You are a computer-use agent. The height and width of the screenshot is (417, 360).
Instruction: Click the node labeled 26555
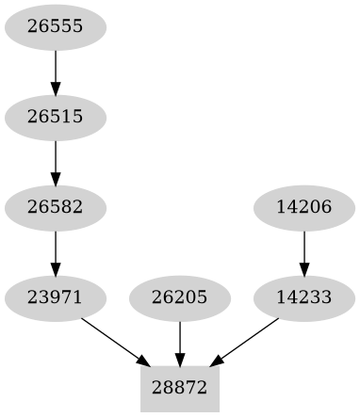(x=56, y=26)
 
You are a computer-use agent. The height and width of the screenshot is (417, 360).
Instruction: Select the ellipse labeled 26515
(x=56, y=117)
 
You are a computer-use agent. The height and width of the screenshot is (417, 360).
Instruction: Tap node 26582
(x=56, y=207)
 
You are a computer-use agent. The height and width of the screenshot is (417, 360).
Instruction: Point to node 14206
(x=304, y=207)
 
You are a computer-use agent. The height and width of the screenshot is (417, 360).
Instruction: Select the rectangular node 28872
(x=180, y=388)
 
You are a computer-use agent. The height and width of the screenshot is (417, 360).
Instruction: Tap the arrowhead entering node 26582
(x=56, y=179)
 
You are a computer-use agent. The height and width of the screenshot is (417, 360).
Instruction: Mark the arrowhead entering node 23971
(x=56, y=269)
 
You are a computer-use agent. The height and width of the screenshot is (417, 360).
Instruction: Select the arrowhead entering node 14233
(x=304, y=269)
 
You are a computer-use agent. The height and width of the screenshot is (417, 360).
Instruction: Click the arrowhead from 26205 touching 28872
(x=180, y=360)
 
